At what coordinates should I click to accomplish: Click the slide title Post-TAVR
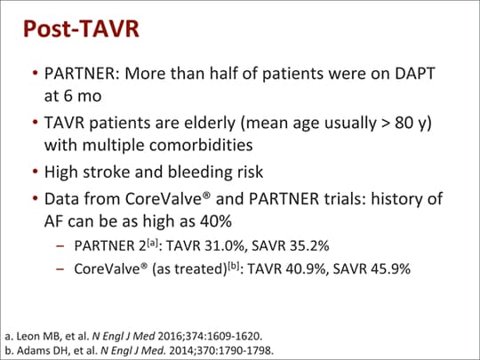tap(80, 28)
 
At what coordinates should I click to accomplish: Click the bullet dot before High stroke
tap(35, 171)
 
